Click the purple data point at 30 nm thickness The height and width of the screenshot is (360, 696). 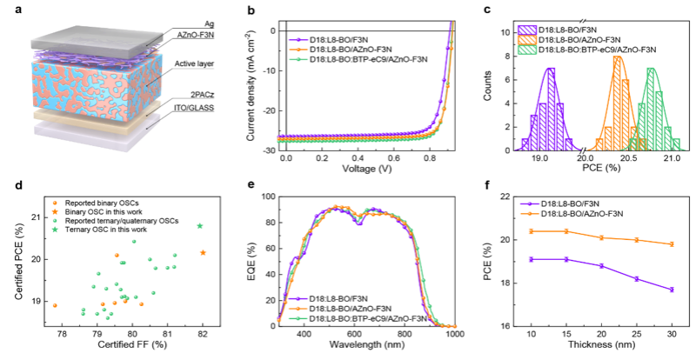[x=672, y=290]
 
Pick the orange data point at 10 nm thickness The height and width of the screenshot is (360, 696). [x=531, y=231]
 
